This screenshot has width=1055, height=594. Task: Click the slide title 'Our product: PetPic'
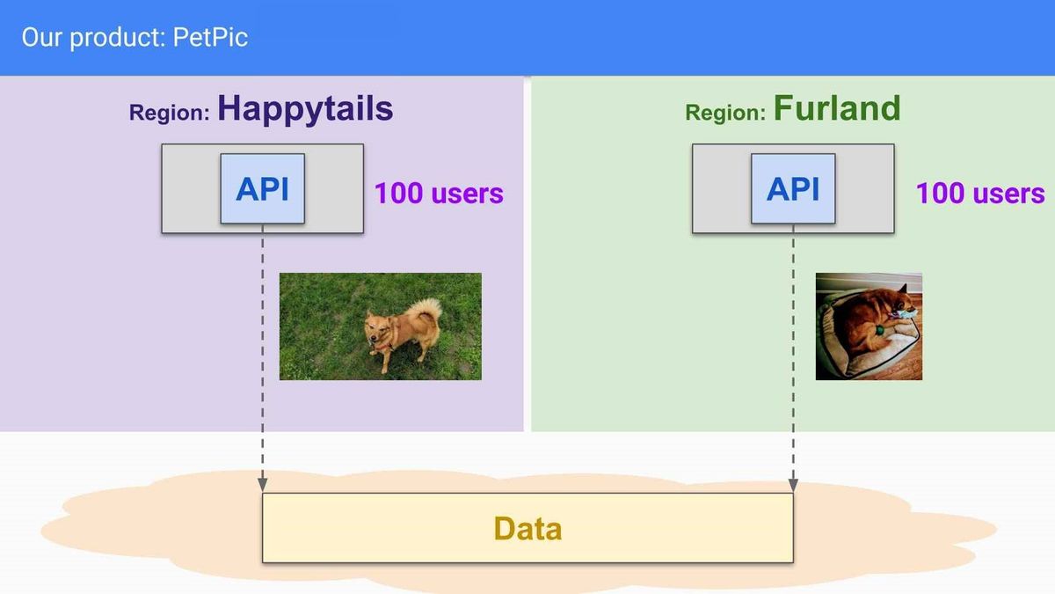[135, 37]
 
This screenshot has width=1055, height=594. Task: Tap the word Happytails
[305, 109]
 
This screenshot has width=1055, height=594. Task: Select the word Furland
[837, 108]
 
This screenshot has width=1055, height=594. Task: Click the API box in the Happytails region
[262, 188]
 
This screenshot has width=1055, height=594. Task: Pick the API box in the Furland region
[793, 188]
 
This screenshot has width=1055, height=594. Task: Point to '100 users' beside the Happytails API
[439, 194]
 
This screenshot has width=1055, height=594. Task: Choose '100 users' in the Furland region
[980, 194]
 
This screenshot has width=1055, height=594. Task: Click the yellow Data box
[527, 528]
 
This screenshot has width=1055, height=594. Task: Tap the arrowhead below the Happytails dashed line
[262, 485]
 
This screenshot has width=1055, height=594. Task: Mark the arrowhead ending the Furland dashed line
[793, 485]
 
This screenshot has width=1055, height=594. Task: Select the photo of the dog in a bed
[869, 326]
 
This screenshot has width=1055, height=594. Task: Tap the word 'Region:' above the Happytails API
[170, 113]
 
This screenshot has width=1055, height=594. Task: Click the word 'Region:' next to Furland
[725, 113]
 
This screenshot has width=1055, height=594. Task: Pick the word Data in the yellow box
[527, 529]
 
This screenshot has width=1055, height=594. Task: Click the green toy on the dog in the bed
[879, 329]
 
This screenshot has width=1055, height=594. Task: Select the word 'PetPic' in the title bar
[210, 37]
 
